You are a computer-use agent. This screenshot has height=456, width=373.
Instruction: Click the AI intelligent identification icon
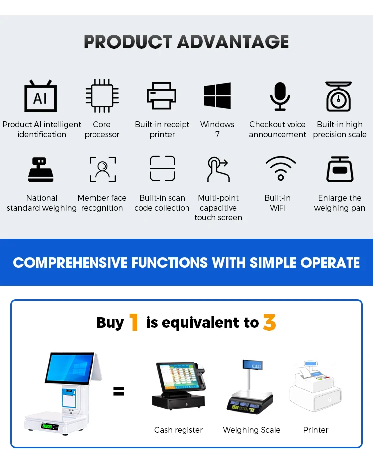pos(41,96)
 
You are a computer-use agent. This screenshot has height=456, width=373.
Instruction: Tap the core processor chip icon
pos(102,96)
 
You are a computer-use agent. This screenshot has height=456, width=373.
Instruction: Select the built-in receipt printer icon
pos(162,95)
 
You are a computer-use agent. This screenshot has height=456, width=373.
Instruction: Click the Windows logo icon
pos(217,95)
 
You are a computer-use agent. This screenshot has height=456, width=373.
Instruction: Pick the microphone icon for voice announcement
pos(280,96)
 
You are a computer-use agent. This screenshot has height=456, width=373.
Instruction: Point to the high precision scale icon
pos(339,96)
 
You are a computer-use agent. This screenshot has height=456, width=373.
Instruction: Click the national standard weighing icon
pos(41,170)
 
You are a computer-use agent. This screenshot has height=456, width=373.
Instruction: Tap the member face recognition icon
pos(102,169)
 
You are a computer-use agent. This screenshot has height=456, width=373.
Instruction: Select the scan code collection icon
pos(162,169)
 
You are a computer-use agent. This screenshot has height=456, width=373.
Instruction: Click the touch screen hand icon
pos(218,170)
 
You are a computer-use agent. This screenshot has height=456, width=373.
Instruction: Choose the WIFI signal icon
pos(280,168)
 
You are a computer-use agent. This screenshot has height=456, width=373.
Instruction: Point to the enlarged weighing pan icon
pos(340,169)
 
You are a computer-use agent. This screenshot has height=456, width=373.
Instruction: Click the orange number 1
pos(134,323)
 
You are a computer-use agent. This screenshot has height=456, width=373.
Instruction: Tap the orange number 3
pos(269,323)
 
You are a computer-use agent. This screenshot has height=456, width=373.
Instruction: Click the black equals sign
pos(118,391)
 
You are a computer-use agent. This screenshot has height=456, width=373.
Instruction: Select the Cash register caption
pos(179,430)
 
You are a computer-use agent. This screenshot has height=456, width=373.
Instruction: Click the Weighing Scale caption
pos(251,430)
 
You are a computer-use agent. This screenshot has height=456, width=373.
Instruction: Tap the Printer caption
pos(316,430)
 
